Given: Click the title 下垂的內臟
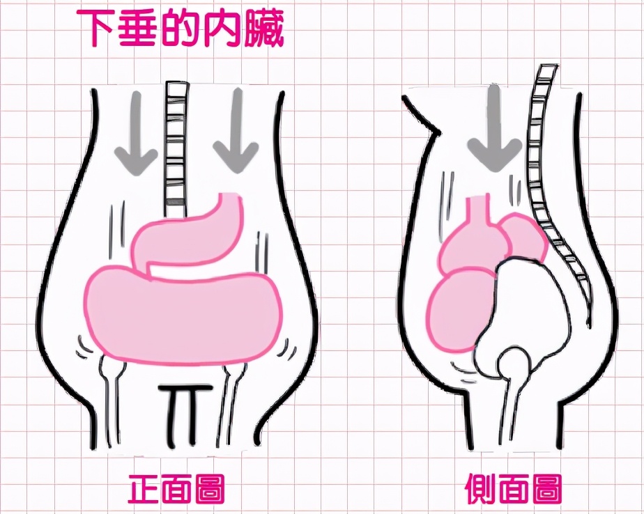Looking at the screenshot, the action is (180, 27).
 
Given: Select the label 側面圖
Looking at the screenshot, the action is (514, 489).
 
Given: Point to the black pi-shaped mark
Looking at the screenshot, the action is (185, 414).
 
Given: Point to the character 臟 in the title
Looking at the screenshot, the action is (263, 28).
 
